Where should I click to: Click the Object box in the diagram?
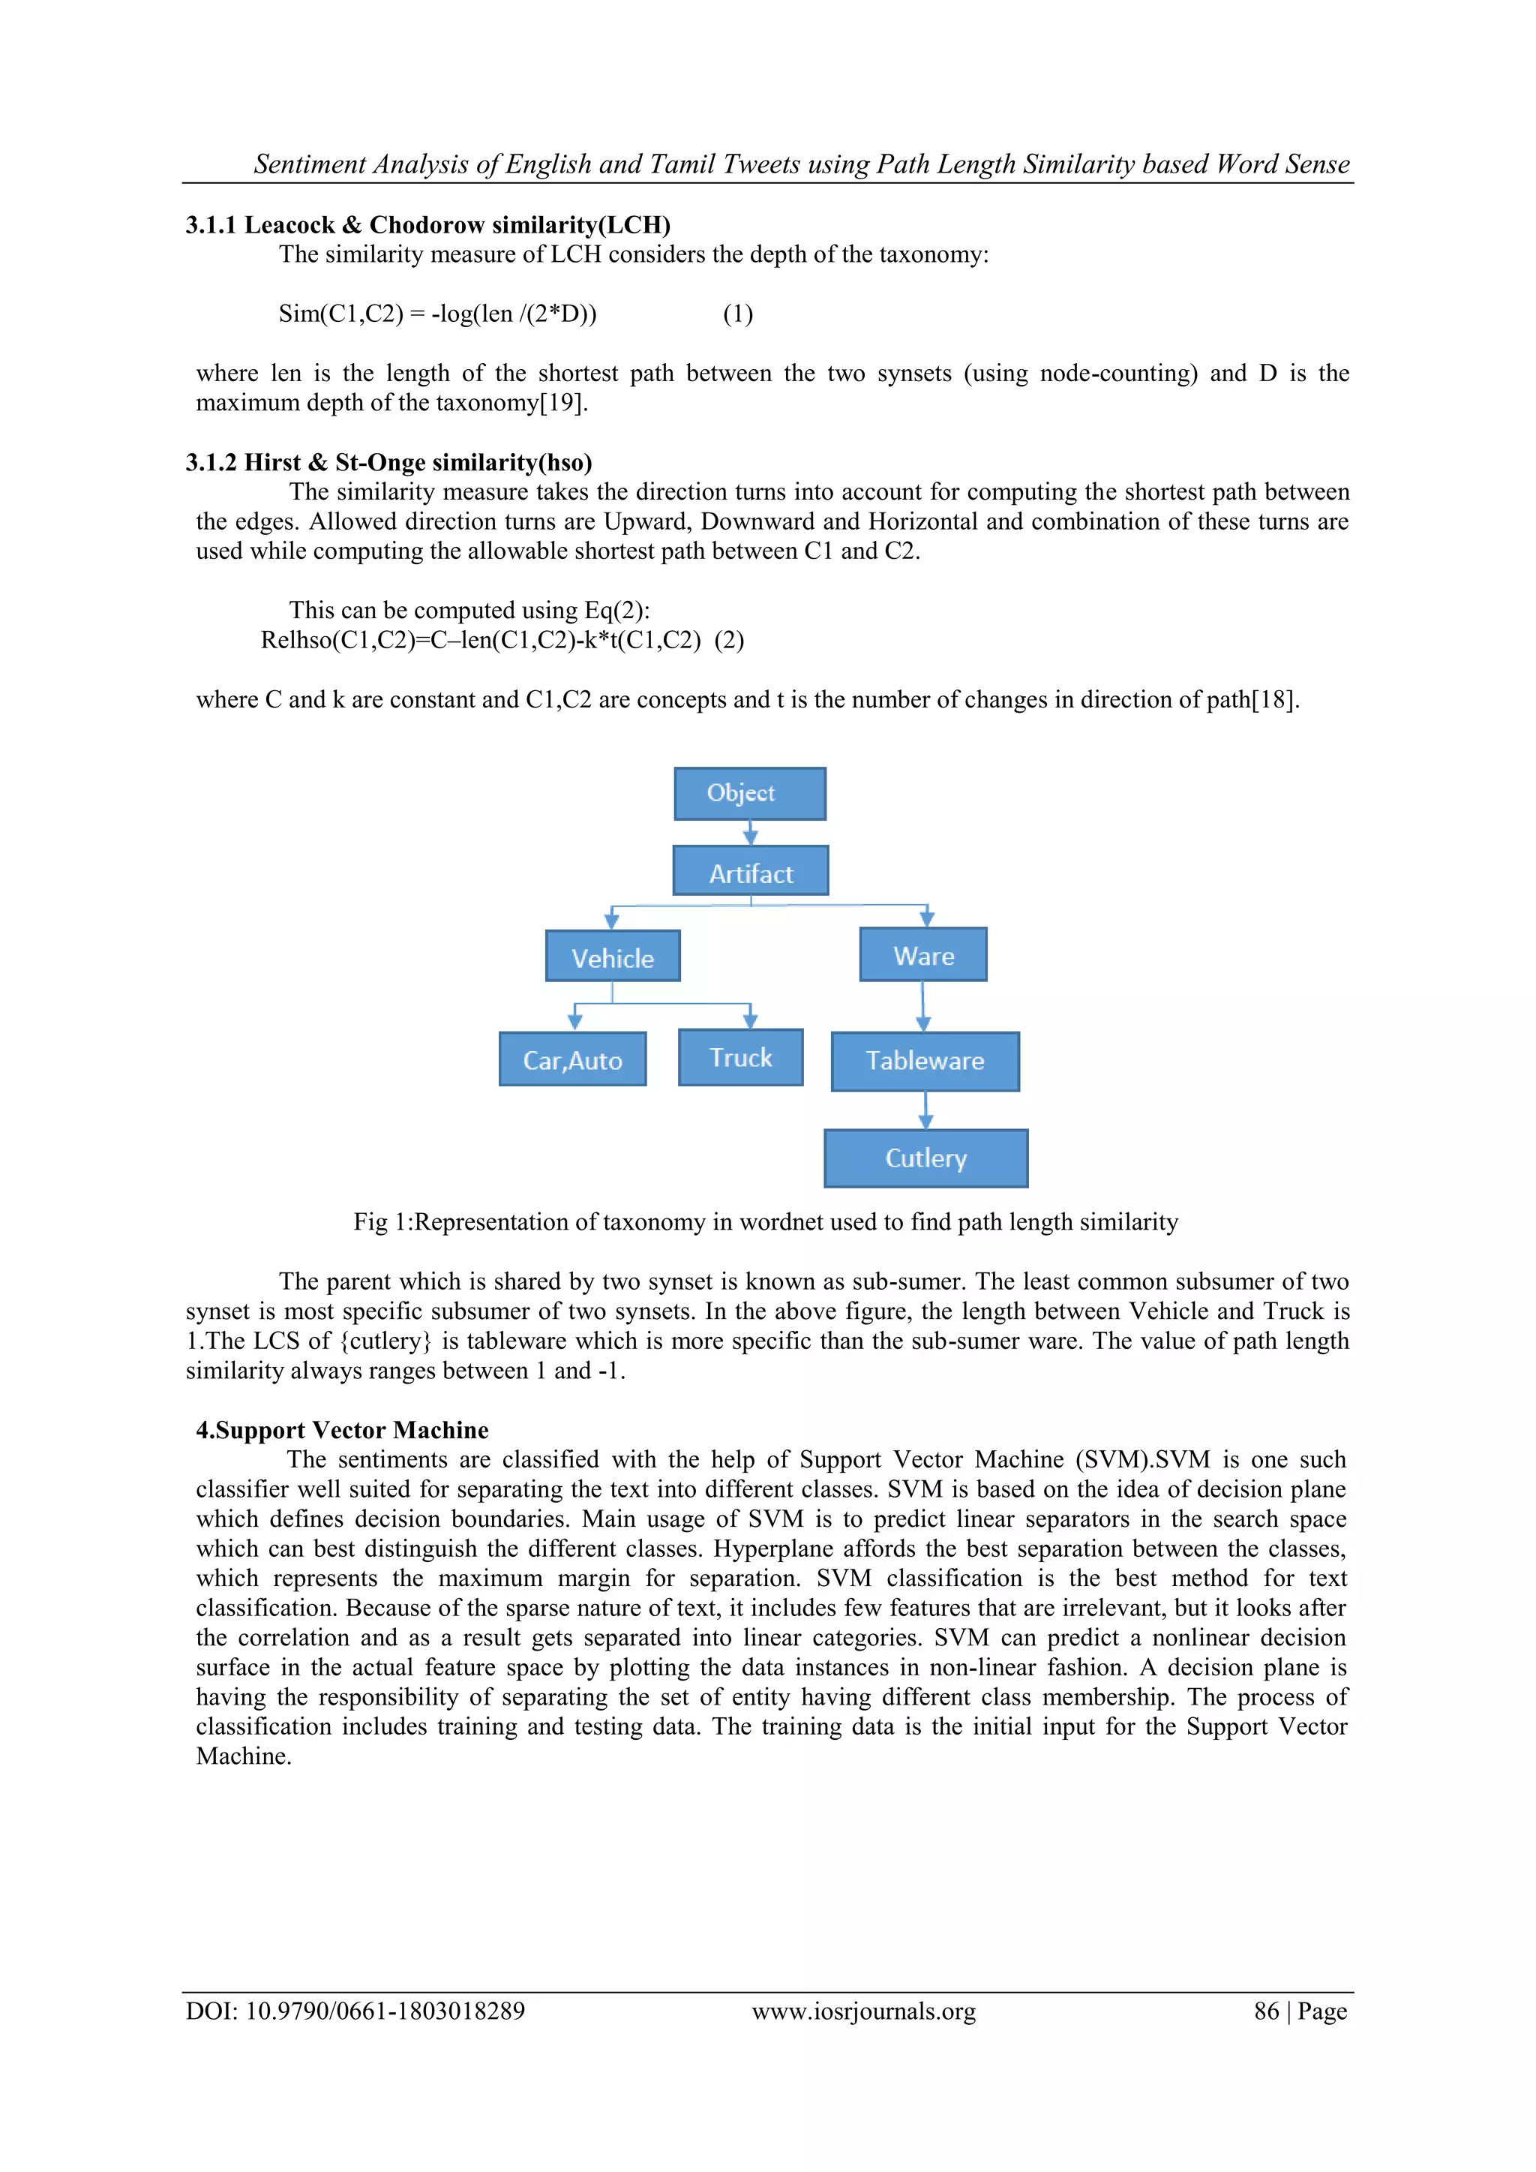coord(749,793)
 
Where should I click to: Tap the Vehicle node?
coord(612,957)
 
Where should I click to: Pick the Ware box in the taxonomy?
coord(923,954)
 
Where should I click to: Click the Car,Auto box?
coord(572,1059)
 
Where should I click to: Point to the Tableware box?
coord(925,1060)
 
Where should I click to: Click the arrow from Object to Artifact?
coord(750,833)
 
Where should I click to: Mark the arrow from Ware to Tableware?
coord(923,1007)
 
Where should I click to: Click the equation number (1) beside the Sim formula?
coord(738,314)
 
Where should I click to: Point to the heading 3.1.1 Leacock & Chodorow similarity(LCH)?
coord(427,225)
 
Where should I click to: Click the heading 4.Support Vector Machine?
coord(343,1429)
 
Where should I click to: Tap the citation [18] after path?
coord(1274,700)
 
